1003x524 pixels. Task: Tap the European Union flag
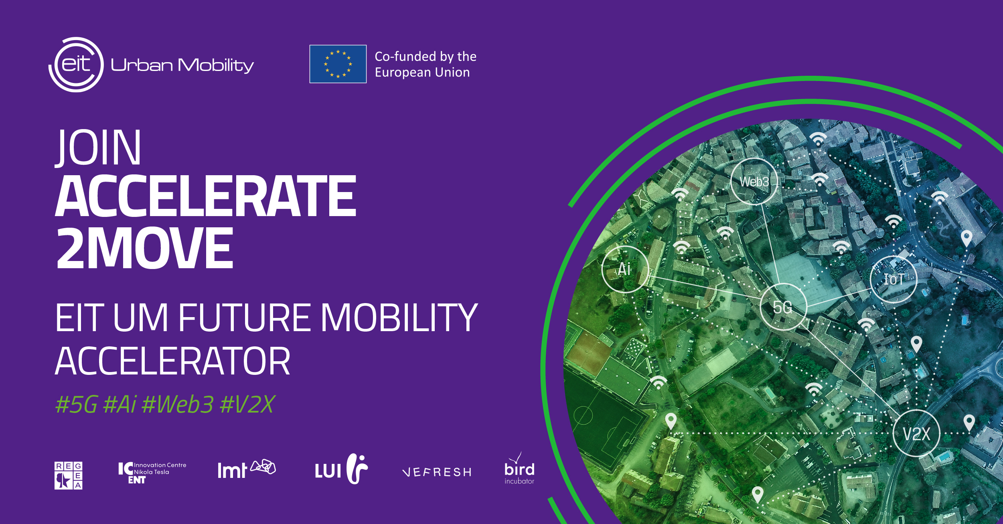(338, 64)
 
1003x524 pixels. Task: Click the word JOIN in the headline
(98, 147)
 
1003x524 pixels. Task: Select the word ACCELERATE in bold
(205, 196)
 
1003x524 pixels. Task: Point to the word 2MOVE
(145, 247)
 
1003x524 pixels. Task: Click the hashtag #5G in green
(76, 404)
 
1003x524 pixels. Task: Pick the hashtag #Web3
(177, 404)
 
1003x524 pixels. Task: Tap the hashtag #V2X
(247, 404)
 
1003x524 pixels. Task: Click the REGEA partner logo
(69, 475)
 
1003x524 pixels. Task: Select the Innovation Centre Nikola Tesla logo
(152, 473)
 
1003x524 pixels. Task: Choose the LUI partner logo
(341, 469)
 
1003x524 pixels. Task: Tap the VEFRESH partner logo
(437, 472)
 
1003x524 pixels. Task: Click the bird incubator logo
(519, 469)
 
